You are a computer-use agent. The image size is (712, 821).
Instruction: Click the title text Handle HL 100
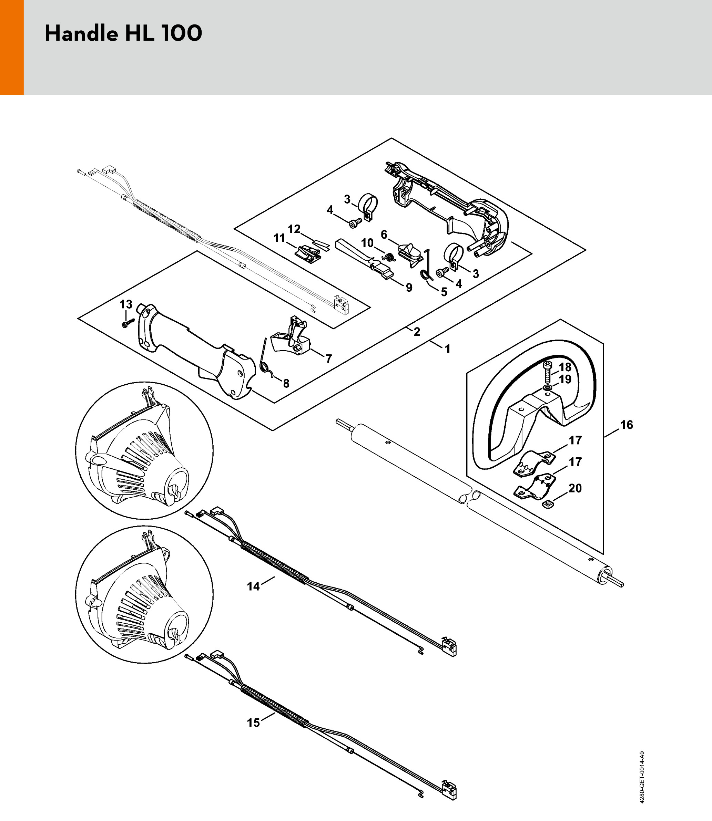click(123, 33)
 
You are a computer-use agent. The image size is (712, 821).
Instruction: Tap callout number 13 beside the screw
click(126, 304)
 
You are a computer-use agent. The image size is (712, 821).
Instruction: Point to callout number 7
click(328, 358)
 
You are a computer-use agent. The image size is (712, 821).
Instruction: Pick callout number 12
click(294, 229)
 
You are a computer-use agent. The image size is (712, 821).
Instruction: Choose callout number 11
click(279, 238)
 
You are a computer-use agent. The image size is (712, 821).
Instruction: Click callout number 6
click(384, 235)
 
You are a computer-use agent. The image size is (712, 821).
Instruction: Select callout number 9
click(409, 288)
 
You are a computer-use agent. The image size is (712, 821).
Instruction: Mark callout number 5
click(444, 292)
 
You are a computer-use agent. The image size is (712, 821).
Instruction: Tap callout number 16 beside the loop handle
click(627, 425)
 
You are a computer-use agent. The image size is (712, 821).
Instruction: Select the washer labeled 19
click(548, 387)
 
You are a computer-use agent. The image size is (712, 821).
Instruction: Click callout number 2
click(417, 332)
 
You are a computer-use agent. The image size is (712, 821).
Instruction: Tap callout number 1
click(448, 349)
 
